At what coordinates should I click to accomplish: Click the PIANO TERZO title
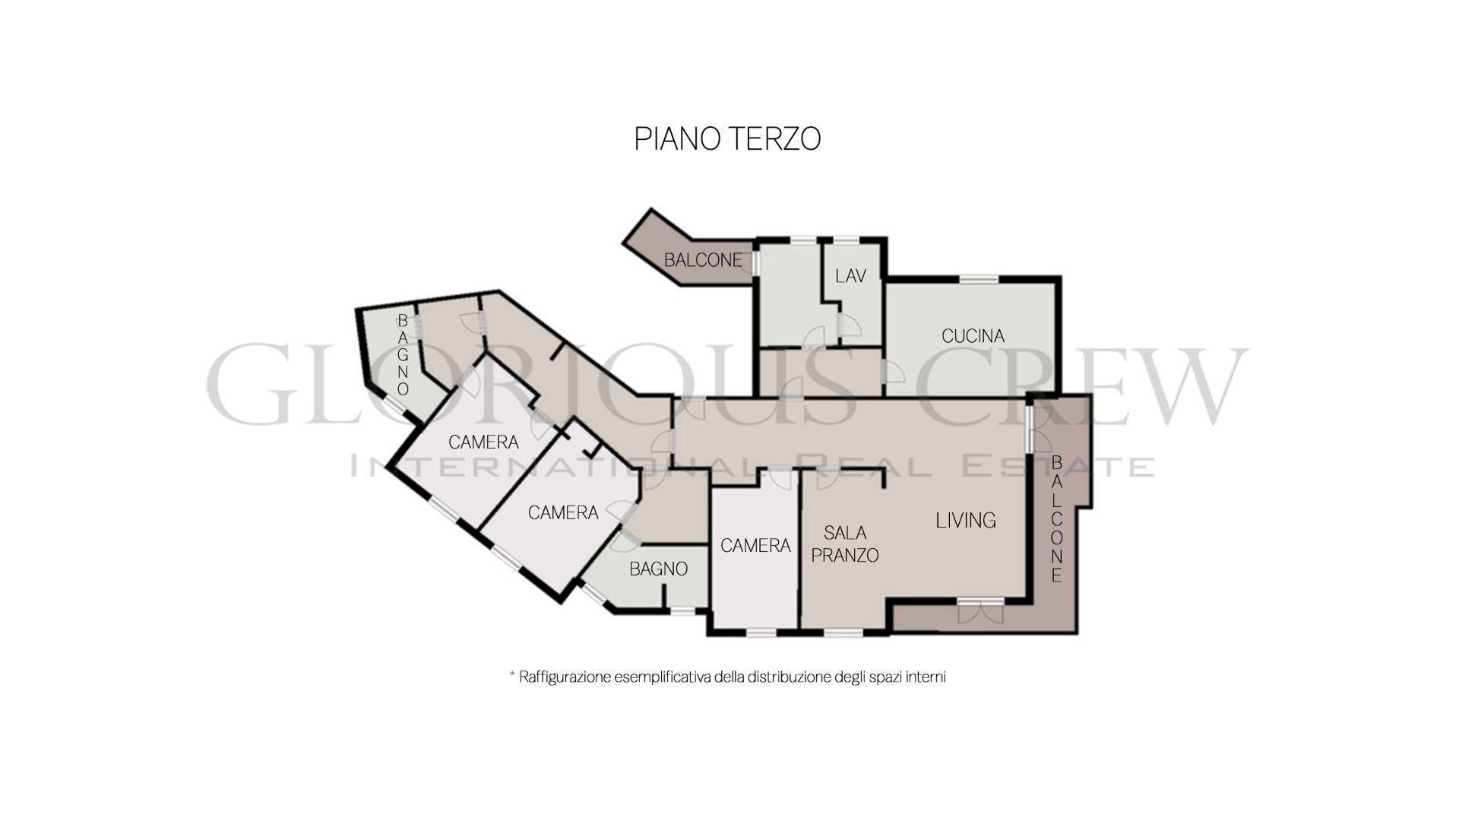[x=727, y=139]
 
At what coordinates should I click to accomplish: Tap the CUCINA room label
[x=973, y=336]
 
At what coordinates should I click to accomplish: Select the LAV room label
[x=850, y=276]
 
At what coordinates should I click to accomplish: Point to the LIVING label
[x=965, y=521]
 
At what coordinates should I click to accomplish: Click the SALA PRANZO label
[x=845, y=544]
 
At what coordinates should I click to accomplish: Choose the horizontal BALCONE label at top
[x=703, y=260]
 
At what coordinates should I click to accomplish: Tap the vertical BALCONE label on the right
[x=1056, y=518]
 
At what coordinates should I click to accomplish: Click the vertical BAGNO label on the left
[x=403, y=354]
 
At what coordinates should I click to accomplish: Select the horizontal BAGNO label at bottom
[x=658, y=569]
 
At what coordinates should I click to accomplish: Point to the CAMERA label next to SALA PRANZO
[x=755, y=546]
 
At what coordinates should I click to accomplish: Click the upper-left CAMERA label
[x=483, y=442]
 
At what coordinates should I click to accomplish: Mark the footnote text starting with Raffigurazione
[x=733, y=677]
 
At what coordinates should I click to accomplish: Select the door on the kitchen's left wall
[x=889, y=372]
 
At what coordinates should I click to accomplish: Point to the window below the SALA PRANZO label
[x=843, y=632]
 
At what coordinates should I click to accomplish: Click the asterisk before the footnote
[x=512, y=674]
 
